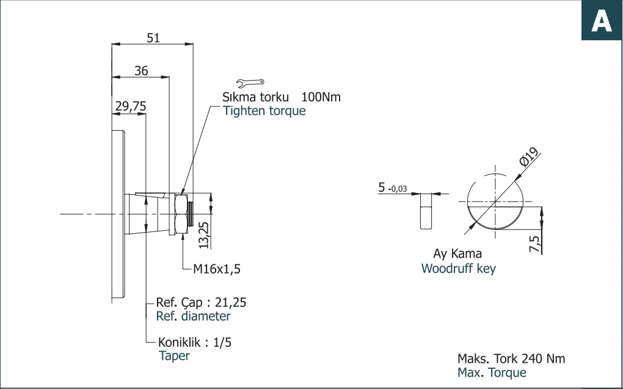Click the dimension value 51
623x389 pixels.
click(153, 38)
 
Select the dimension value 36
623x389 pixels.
click(141, 71)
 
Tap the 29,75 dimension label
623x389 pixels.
click(131, 106)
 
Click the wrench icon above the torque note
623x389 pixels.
click(250, 82)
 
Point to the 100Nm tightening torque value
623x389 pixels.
click(321, 97)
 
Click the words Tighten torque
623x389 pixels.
click(264, 111)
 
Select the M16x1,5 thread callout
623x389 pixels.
click(217, 269)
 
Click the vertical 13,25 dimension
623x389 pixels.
click(203, 235)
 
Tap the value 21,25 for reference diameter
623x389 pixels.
click(230, 302)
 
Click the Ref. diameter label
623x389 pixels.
click(193, 316)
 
